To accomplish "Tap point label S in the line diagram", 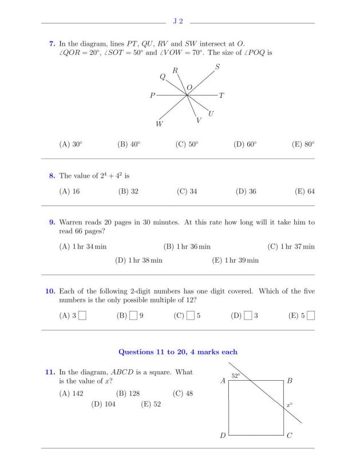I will point(217,68).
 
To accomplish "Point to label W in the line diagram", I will point(159,124).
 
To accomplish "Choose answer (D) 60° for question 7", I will point(245,145).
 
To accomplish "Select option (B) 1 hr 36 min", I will point(187,247).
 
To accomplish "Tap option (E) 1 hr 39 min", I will point(235,260).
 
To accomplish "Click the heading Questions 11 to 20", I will point(177,352).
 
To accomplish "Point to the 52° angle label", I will point(235,376).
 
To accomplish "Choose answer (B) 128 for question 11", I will point(128,393).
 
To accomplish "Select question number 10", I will point(50,291).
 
